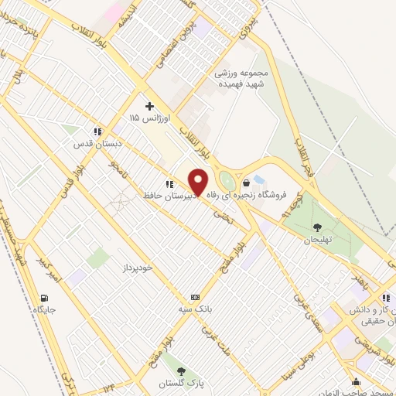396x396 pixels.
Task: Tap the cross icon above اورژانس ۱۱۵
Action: point(149,106)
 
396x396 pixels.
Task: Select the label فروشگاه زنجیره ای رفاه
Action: point(250,196)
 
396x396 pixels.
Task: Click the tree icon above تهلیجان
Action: point(317,227)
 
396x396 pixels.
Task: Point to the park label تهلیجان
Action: point(316,239)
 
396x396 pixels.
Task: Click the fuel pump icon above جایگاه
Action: point(44,298)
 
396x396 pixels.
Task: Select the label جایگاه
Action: point(45,310)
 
